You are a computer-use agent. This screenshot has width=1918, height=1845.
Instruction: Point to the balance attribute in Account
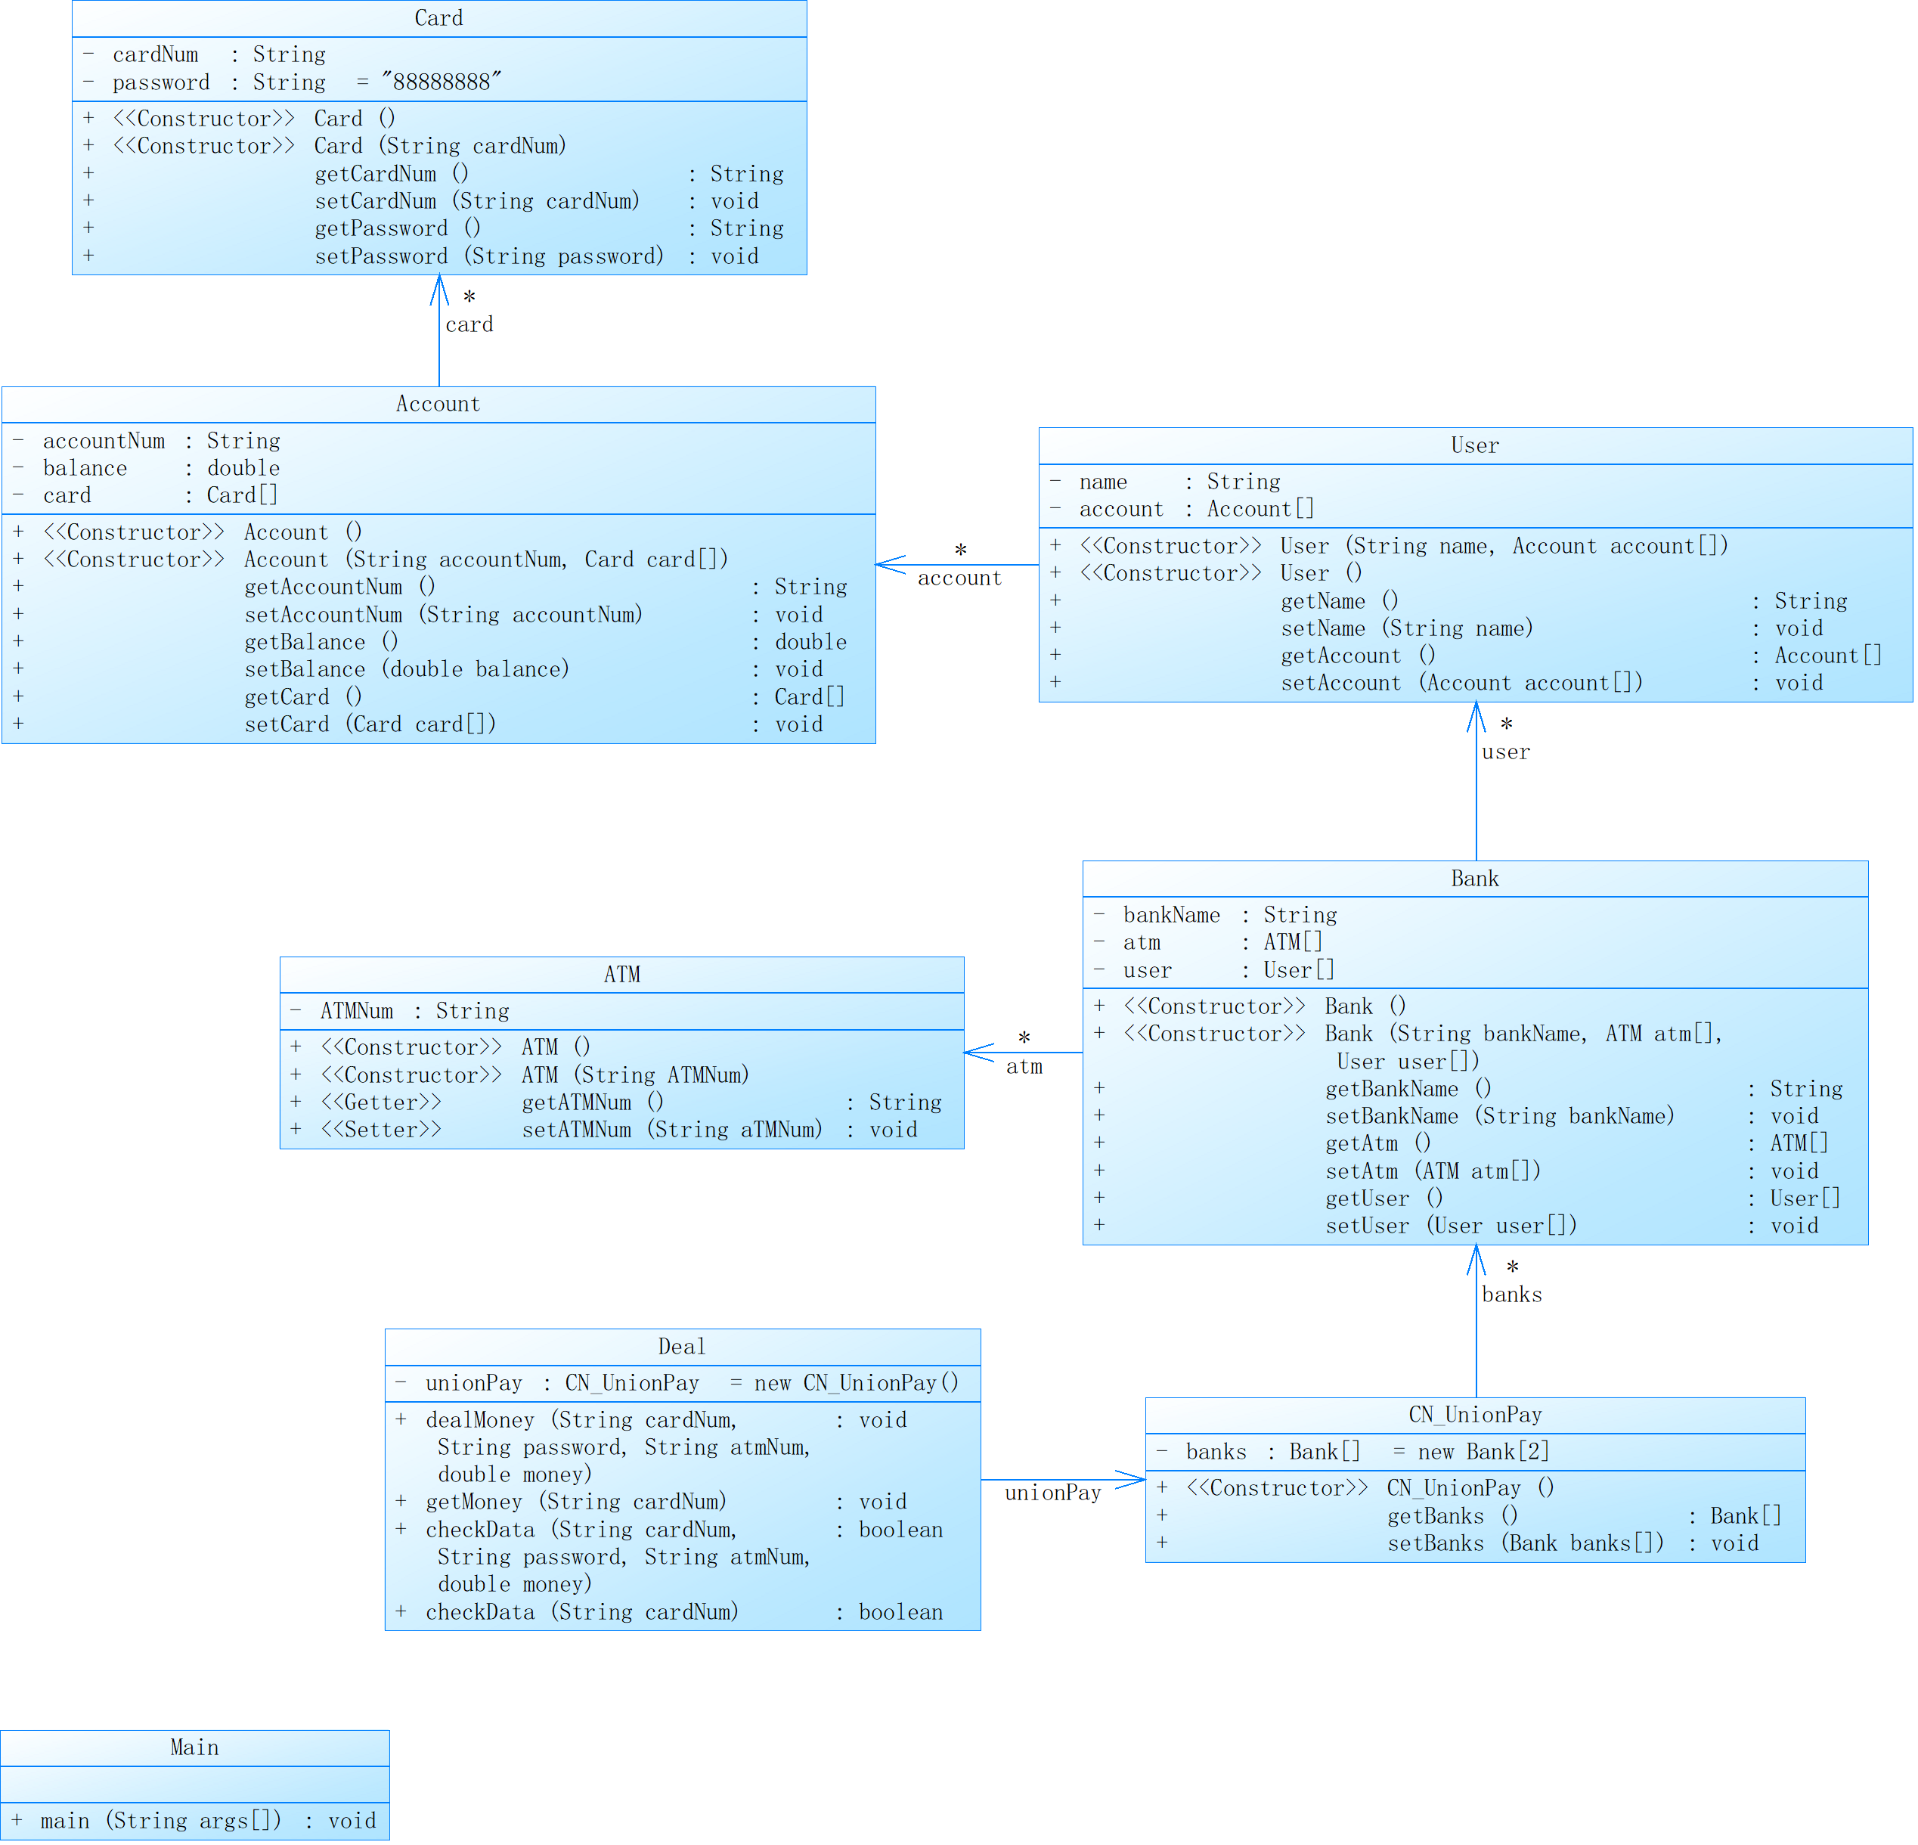[x=85, y=468]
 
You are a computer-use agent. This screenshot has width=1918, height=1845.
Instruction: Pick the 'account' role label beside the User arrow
[x=959, y=578]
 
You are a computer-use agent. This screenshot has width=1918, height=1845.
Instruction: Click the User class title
[x=1475, y=445]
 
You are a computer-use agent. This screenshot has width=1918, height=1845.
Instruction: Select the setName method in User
[x=1406, y=628]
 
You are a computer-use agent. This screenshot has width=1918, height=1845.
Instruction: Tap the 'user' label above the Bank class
[x=1505, y=752]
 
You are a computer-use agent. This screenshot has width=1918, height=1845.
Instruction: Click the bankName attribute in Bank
[x=1171, y=915]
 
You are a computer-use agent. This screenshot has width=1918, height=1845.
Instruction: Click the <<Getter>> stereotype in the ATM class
[x=381, y=1102]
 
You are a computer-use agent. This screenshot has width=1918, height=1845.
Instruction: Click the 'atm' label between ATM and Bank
[x=1024, y=1067]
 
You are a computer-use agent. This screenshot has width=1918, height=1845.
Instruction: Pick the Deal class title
[x=681, y=1347]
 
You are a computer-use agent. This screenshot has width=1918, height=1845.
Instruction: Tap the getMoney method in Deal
[x=575, y=1502]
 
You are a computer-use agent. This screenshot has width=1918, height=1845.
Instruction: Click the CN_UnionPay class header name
[x=1475, y=1414]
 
